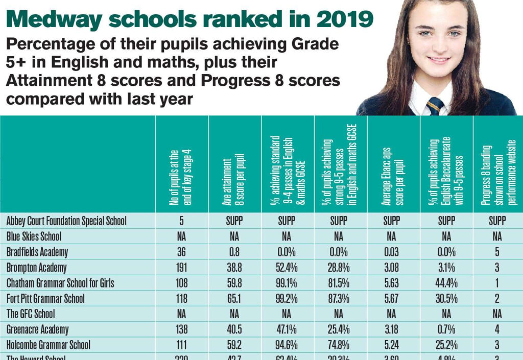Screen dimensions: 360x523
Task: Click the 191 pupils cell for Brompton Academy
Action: (181, 268)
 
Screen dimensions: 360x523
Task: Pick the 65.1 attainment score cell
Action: (234, 298)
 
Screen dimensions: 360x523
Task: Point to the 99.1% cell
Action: (287, 283)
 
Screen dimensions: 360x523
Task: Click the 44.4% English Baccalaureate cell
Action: (446, 283)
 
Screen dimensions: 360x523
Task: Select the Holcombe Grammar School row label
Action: (49, 345)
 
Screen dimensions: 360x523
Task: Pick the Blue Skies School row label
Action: (34, 236)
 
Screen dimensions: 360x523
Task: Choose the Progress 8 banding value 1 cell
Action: (498, 283)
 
